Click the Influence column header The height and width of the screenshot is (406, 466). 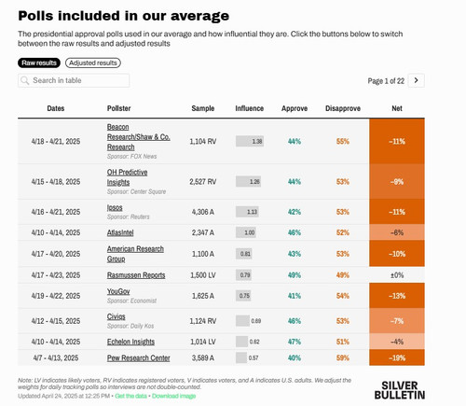coord(249,108)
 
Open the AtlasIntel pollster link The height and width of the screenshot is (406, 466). coord(123,231)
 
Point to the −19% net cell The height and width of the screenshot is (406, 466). coord(398,357)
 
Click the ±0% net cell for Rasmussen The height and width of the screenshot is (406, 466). coord(398,274)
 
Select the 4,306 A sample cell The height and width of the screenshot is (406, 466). coord(203,211)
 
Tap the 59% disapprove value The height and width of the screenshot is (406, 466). coord(342,357)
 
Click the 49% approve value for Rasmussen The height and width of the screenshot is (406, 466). coord(295,274)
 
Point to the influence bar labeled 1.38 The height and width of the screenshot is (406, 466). coord(250,141)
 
